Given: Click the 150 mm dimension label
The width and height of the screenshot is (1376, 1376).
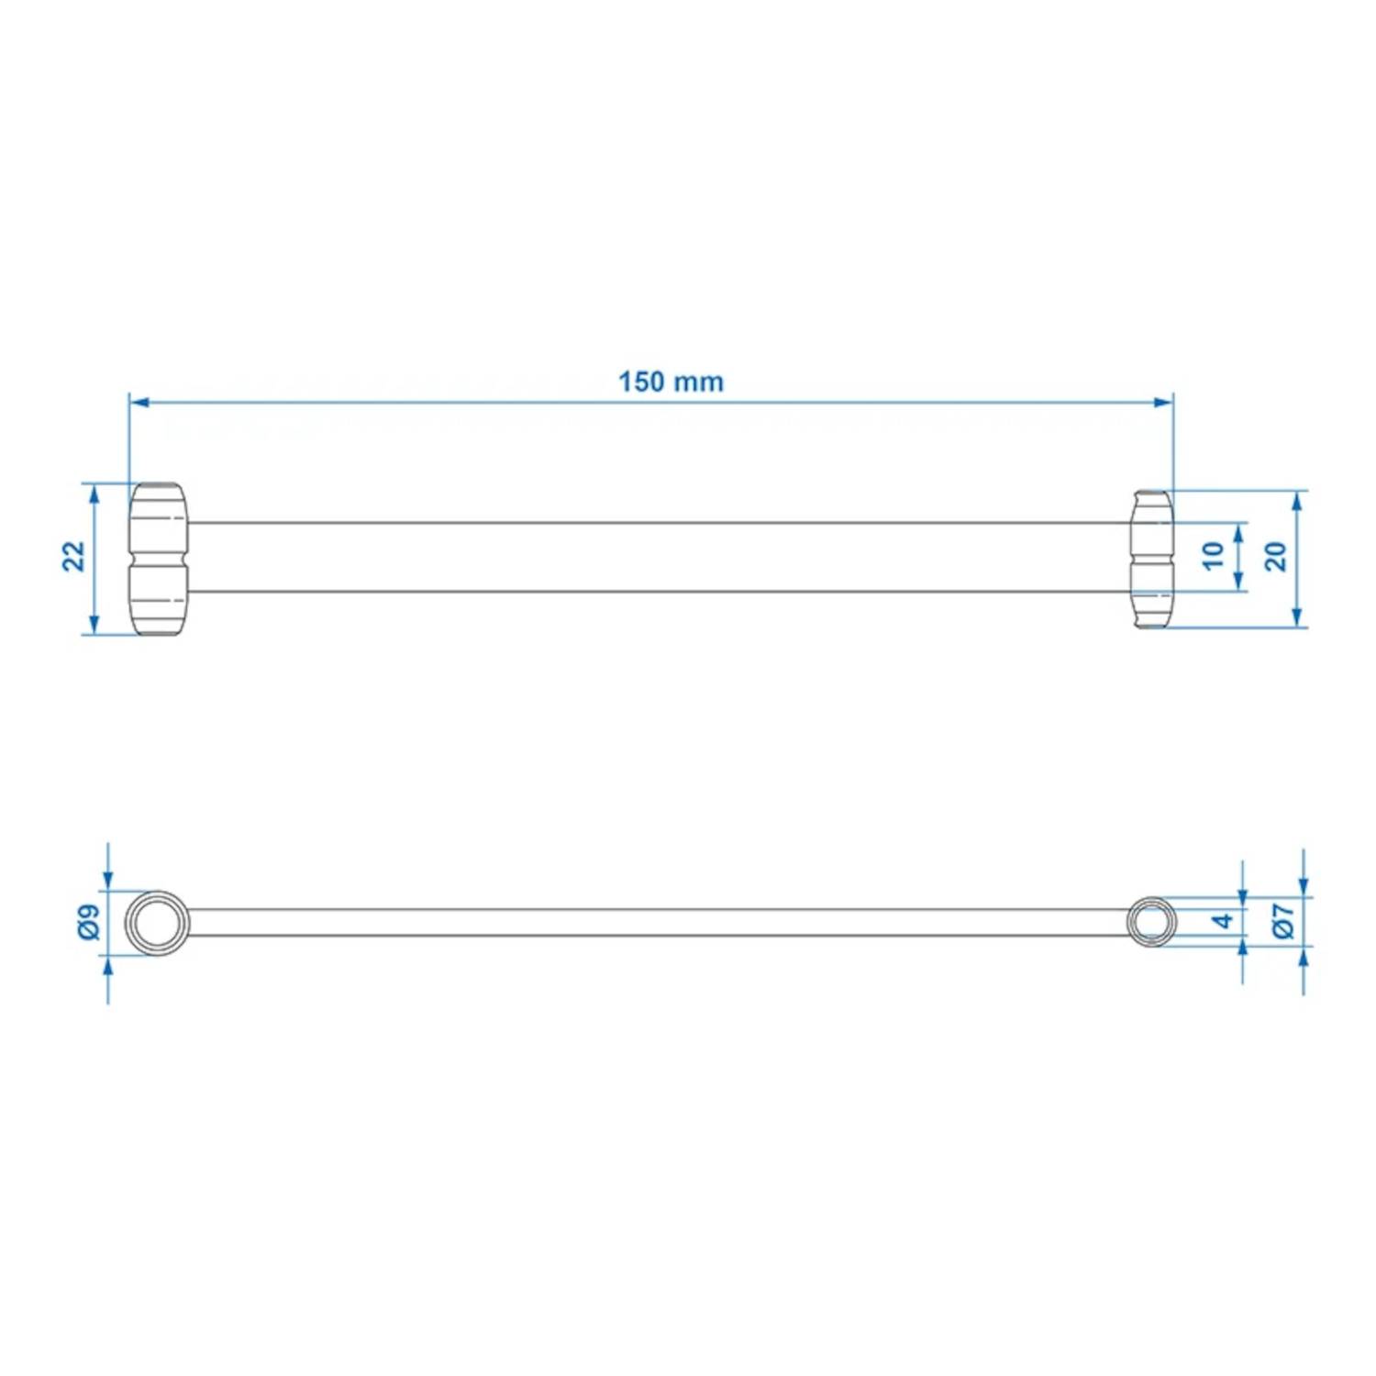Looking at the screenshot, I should (x=671, y=382).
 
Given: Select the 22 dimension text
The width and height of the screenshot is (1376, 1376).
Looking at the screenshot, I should (x=73, y=557).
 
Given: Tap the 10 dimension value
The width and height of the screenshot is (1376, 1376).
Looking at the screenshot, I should (x=1213, y=556).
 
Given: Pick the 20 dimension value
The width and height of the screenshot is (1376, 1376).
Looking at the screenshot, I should (x=1276, y=556).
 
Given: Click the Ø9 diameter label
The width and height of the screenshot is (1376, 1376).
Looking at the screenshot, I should (x=88, y=921).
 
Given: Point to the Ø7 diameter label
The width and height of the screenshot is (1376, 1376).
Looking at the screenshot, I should (x=1283, y=920).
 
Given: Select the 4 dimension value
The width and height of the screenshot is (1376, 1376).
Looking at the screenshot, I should (x=1223, y=920).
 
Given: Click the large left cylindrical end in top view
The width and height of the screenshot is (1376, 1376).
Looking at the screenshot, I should (x=158, y=559).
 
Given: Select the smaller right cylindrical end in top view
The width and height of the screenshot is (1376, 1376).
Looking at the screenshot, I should (x=1152, y=559).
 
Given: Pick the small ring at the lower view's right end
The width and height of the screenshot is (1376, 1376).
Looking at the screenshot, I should (x=1150, y=921).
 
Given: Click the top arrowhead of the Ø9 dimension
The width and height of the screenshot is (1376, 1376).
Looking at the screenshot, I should (x=108, y=880).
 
